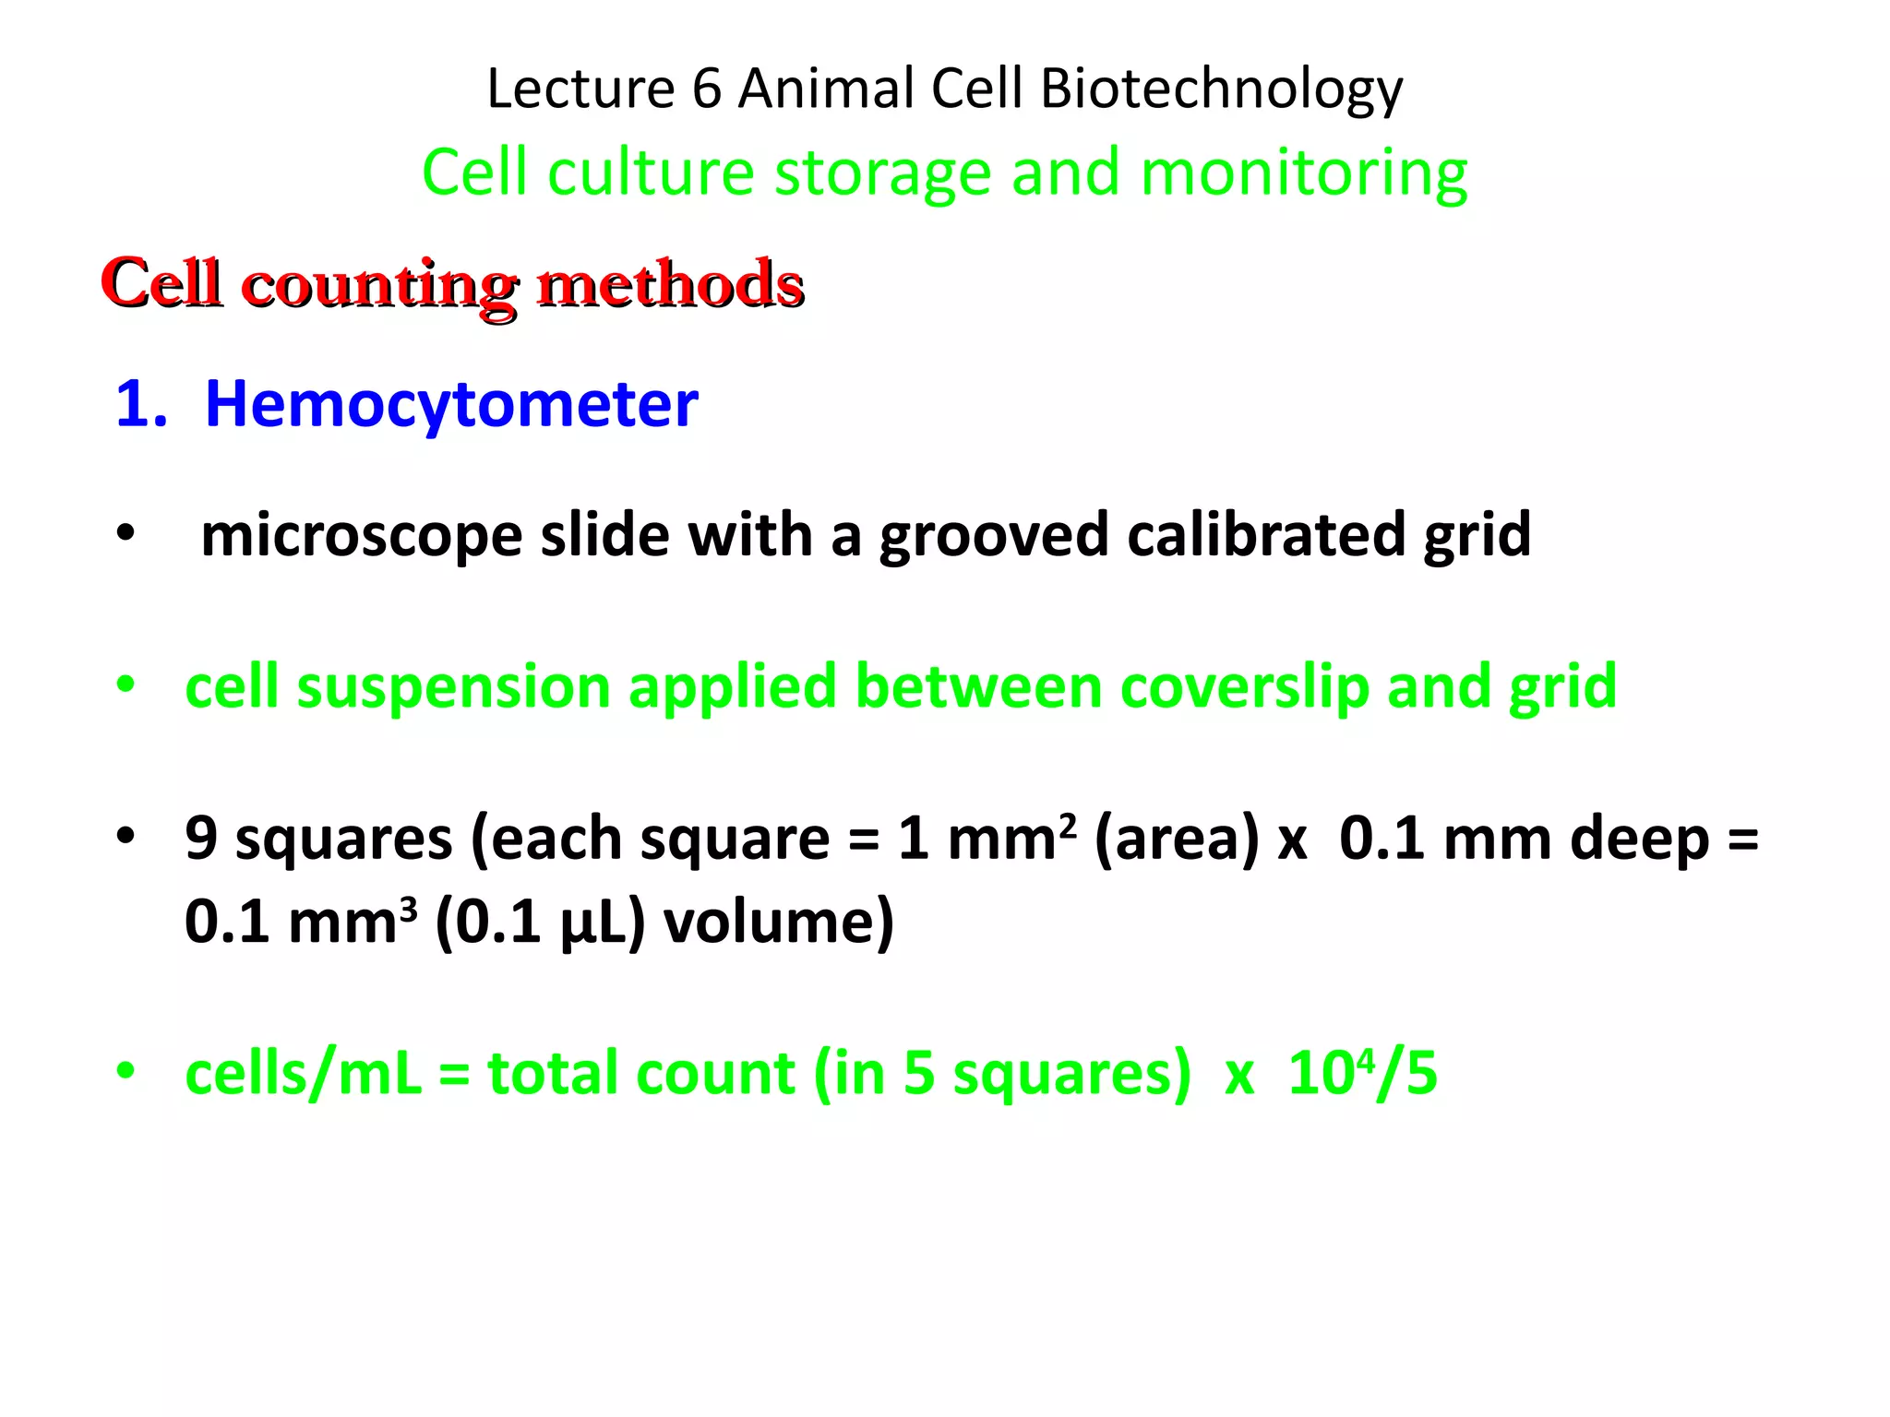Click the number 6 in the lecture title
point(706,89)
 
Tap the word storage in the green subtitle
point(882,173)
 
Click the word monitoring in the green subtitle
point(1303,175)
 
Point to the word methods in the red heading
point(671,283)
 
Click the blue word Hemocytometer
point(451,405)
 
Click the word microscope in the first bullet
point(361,536)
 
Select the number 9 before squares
point(201,839)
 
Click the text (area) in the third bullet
point(1176,839)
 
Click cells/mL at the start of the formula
point(303,1075)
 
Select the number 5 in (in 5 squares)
point(919,1074)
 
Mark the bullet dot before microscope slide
point(126,533)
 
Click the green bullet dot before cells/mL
point(126,1071)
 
